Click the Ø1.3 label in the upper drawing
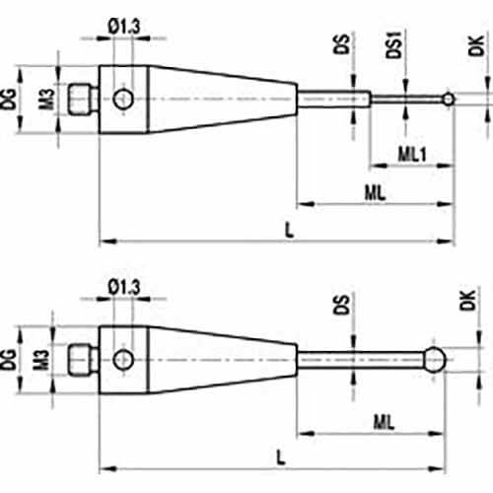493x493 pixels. [124, 27]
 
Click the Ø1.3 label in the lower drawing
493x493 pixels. [124, 287]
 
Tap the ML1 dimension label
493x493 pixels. [412, 154]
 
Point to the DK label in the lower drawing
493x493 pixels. [467, 300]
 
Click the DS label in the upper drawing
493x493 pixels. [341, 43]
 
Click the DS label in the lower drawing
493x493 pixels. [341, 305]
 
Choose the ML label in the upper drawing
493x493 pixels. [375, 193]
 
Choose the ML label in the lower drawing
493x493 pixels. [384, 422]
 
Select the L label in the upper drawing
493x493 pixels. [289, 230]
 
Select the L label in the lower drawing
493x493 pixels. [280, 458]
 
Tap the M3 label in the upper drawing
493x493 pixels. [46, 99]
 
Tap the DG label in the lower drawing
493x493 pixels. [9, 360]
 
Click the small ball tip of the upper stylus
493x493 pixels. [449, 99]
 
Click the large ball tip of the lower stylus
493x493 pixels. [435, 360]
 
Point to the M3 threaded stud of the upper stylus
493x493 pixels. [83, 99]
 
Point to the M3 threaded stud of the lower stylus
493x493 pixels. [83, 360]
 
